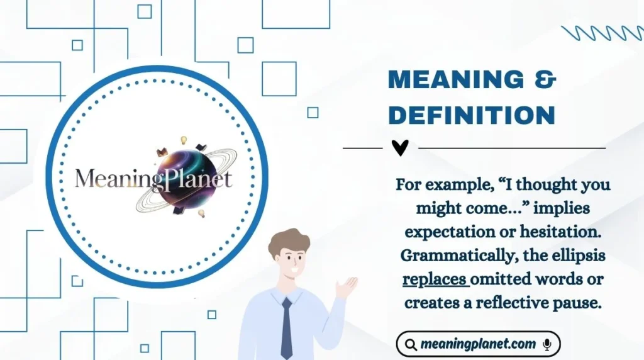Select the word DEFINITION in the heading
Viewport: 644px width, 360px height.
pyautogui.click(x=472, y=115)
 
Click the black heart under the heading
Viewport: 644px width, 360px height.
pyautogui.click(x=400, y=148)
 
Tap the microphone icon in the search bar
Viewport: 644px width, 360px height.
pyautogui.click(x=547, y=344)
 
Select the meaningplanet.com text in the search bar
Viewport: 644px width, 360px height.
pyautogui.click(x=479, y=344)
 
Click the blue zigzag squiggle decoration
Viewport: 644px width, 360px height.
pyautogui.click(x=602, y=33)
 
